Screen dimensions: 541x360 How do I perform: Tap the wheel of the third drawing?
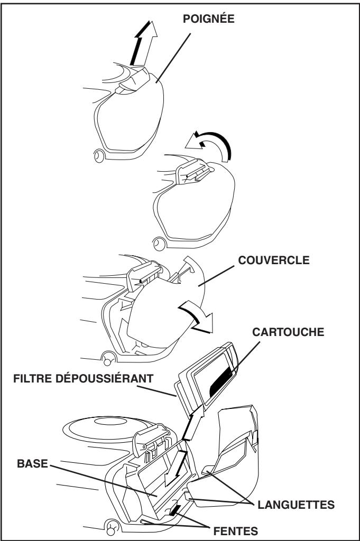coord(109,357)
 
